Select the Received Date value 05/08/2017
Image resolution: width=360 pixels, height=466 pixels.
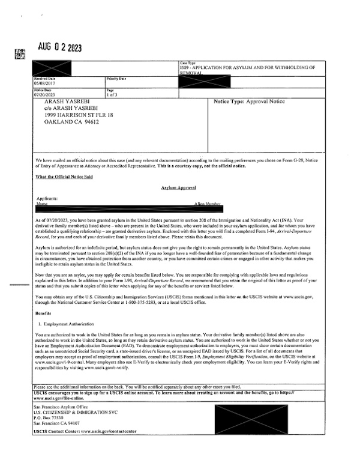click(x=44, y=84)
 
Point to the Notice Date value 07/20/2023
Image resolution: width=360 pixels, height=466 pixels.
click(x=44, y=94)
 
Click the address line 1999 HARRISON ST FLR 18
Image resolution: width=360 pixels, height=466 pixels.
click(x=79, y=115)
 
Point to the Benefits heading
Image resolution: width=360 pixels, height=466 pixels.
click(x=43, y=313)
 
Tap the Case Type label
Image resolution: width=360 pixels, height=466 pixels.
click(x=188, y=62)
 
